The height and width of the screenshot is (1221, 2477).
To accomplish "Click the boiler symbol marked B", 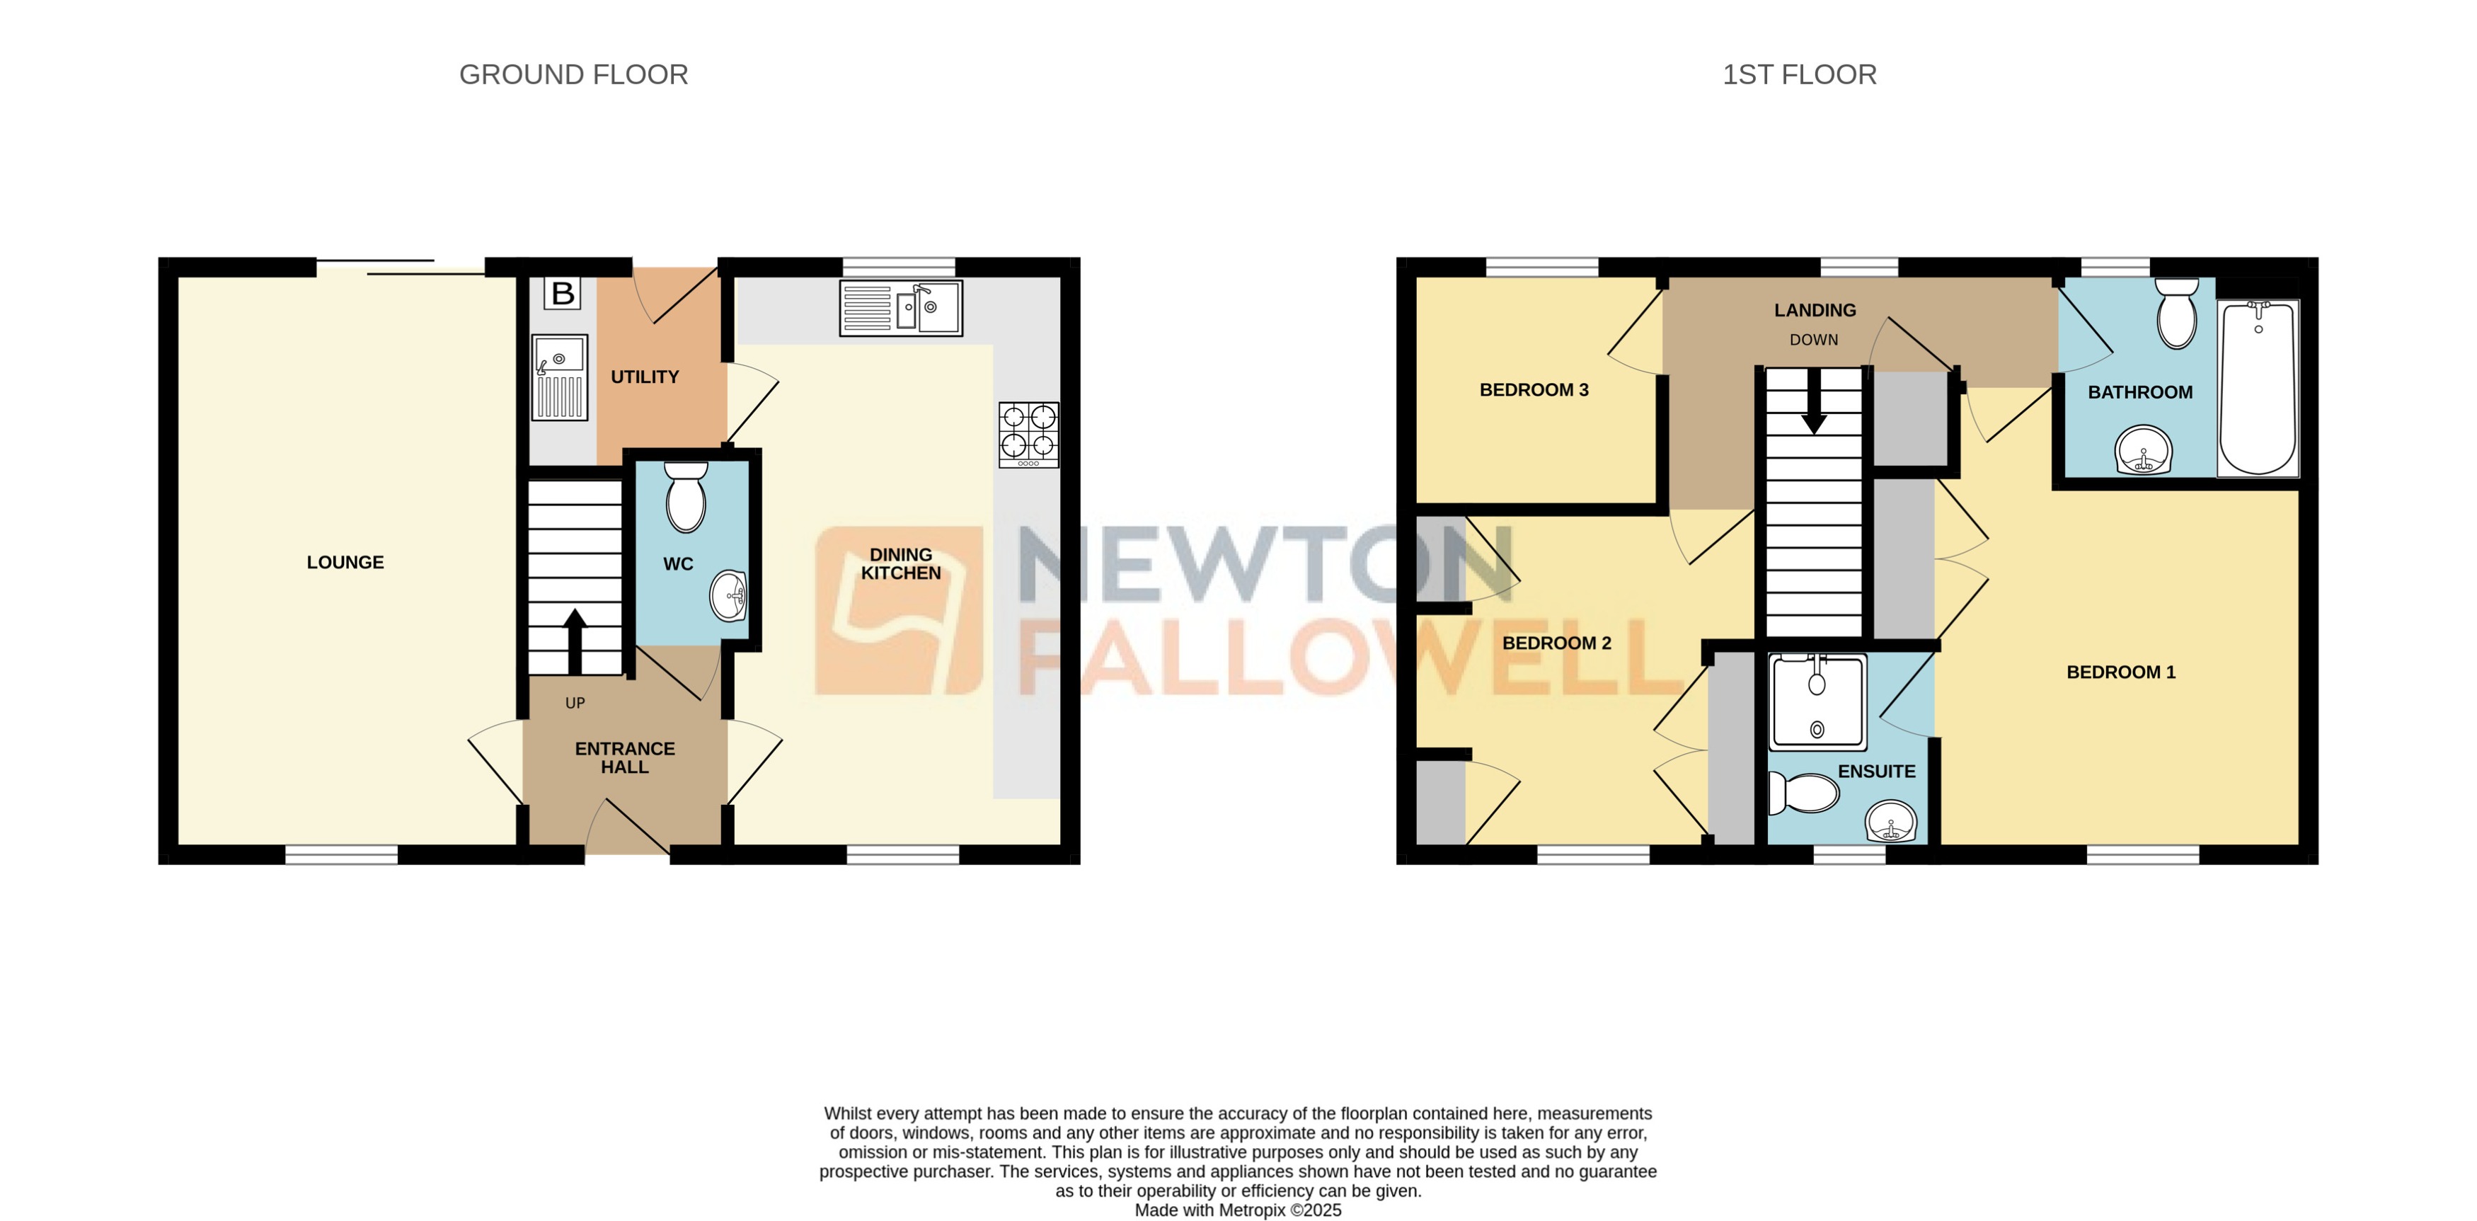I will point(563,293).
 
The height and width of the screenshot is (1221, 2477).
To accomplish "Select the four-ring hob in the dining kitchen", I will point(1028,435).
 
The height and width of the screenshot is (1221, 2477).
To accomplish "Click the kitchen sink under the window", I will point(900,308).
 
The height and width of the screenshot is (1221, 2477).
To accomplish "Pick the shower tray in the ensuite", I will point(1817,702).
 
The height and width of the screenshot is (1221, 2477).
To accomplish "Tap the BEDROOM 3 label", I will point(1534,390).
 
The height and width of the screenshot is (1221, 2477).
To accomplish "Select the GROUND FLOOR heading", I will point(573,75).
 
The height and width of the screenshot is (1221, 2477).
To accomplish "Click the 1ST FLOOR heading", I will point(1799,75).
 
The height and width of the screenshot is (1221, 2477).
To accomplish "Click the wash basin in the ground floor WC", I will point(729,596).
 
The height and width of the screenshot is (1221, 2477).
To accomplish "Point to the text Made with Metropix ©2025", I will point(1238,1210).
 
